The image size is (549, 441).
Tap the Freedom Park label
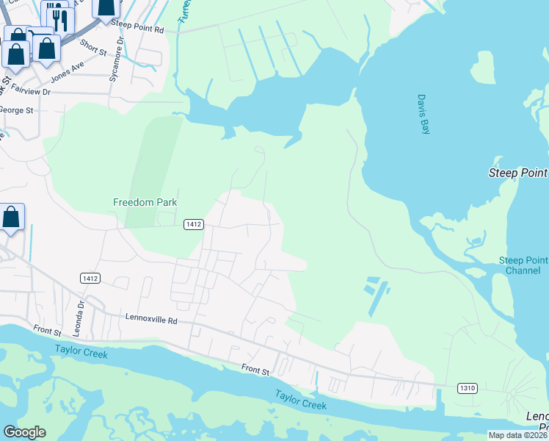coord(145,202)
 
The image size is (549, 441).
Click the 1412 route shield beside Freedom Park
coord(193,224)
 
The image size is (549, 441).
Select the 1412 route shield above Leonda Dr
coord(90,279)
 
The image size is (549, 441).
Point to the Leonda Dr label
coord(81,311)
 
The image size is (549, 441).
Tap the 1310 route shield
coord(467,387)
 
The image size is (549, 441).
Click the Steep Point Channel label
coord(523,265)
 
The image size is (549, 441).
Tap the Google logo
coord(24,432)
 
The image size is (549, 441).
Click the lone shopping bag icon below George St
coord(11,218)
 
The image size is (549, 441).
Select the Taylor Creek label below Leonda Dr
coord(81,354)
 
